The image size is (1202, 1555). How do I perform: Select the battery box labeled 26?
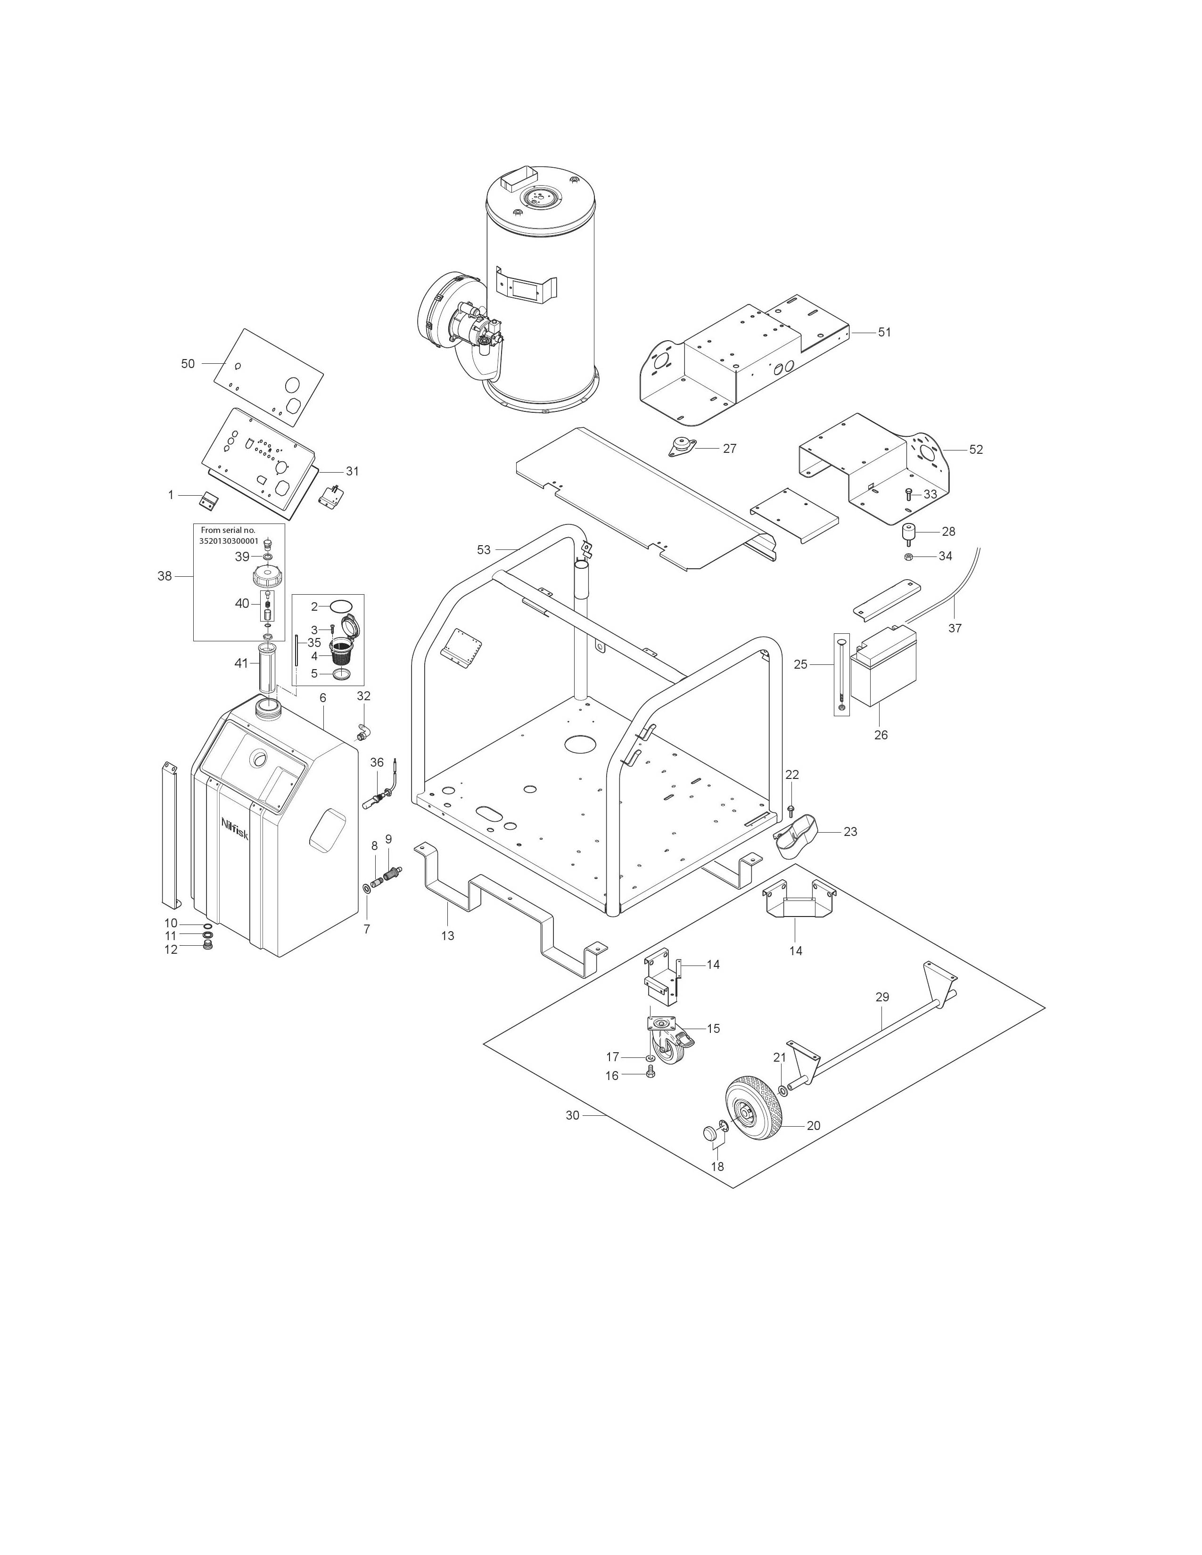pyautogui.click(x=883, y=665)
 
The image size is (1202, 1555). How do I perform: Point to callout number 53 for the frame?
pyautogui.click(x=484, y=549)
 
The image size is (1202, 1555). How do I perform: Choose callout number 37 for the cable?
pyautogui.click(x=955, y=628)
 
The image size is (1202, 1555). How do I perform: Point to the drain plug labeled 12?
pyautogui.click(x=208, y=946)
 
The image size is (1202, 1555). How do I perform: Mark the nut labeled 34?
pyautogui.click(x=909, y=556)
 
